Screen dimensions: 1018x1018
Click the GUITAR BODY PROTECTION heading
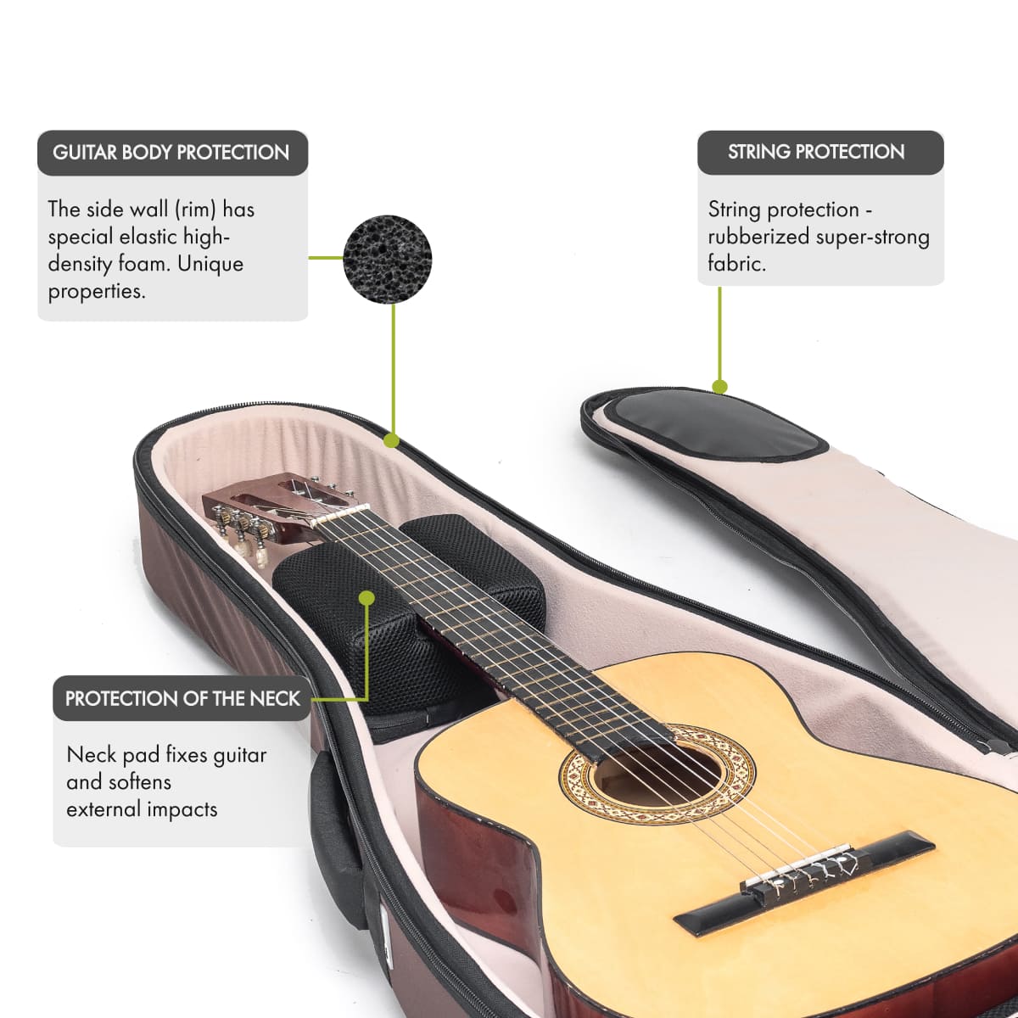(x=171, y=153)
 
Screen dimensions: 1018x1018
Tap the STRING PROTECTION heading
(x=816, y=152)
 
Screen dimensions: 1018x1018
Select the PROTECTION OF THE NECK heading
(x=182, y=699)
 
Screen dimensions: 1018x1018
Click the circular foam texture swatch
(x=388, y=259)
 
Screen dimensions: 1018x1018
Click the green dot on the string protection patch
(x=719, y=388)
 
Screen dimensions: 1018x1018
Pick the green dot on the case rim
(x=391, y=440)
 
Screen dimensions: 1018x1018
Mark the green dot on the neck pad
(x=366, y=598)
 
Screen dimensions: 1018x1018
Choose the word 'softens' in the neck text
(x=137, y=781)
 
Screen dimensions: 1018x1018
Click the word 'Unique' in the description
(x=211, y=264)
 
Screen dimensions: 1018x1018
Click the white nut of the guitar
(x=339, y=513)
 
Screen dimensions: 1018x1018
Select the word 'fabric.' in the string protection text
(x=736, y=264)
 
